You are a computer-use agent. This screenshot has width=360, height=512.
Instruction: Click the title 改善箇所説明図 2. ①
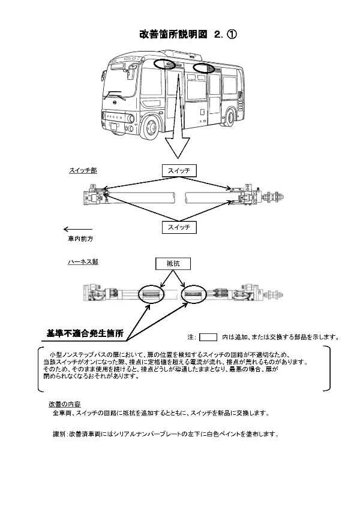click(x=188, y=35)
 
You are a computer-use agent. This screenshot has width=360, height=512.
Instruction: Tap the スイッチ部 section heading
click(x=83, y=170)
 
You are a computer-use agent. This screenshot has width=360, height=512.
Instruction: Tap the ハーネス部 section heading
click(x=83, y=263)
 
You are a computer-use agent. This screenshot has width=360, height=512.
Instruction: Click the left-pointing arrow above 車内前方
click(x=77, y=229)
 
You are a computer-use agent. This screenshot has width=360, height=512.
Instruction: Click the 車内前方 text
click(x=80, y=239)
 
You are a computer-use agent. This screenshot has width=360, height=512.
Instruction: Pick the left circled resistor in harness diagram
click(x=151, y=294)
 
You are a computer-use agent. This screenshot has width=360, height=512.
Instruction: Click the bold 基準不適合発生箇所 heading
click(x=85, y=333)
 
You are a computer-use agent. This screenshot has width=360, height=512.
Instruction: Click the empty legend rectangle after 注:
click(x=208, y=336)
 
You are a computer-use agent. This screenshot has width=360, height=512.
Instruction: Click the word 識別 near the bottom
click(x=58, y=433)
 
